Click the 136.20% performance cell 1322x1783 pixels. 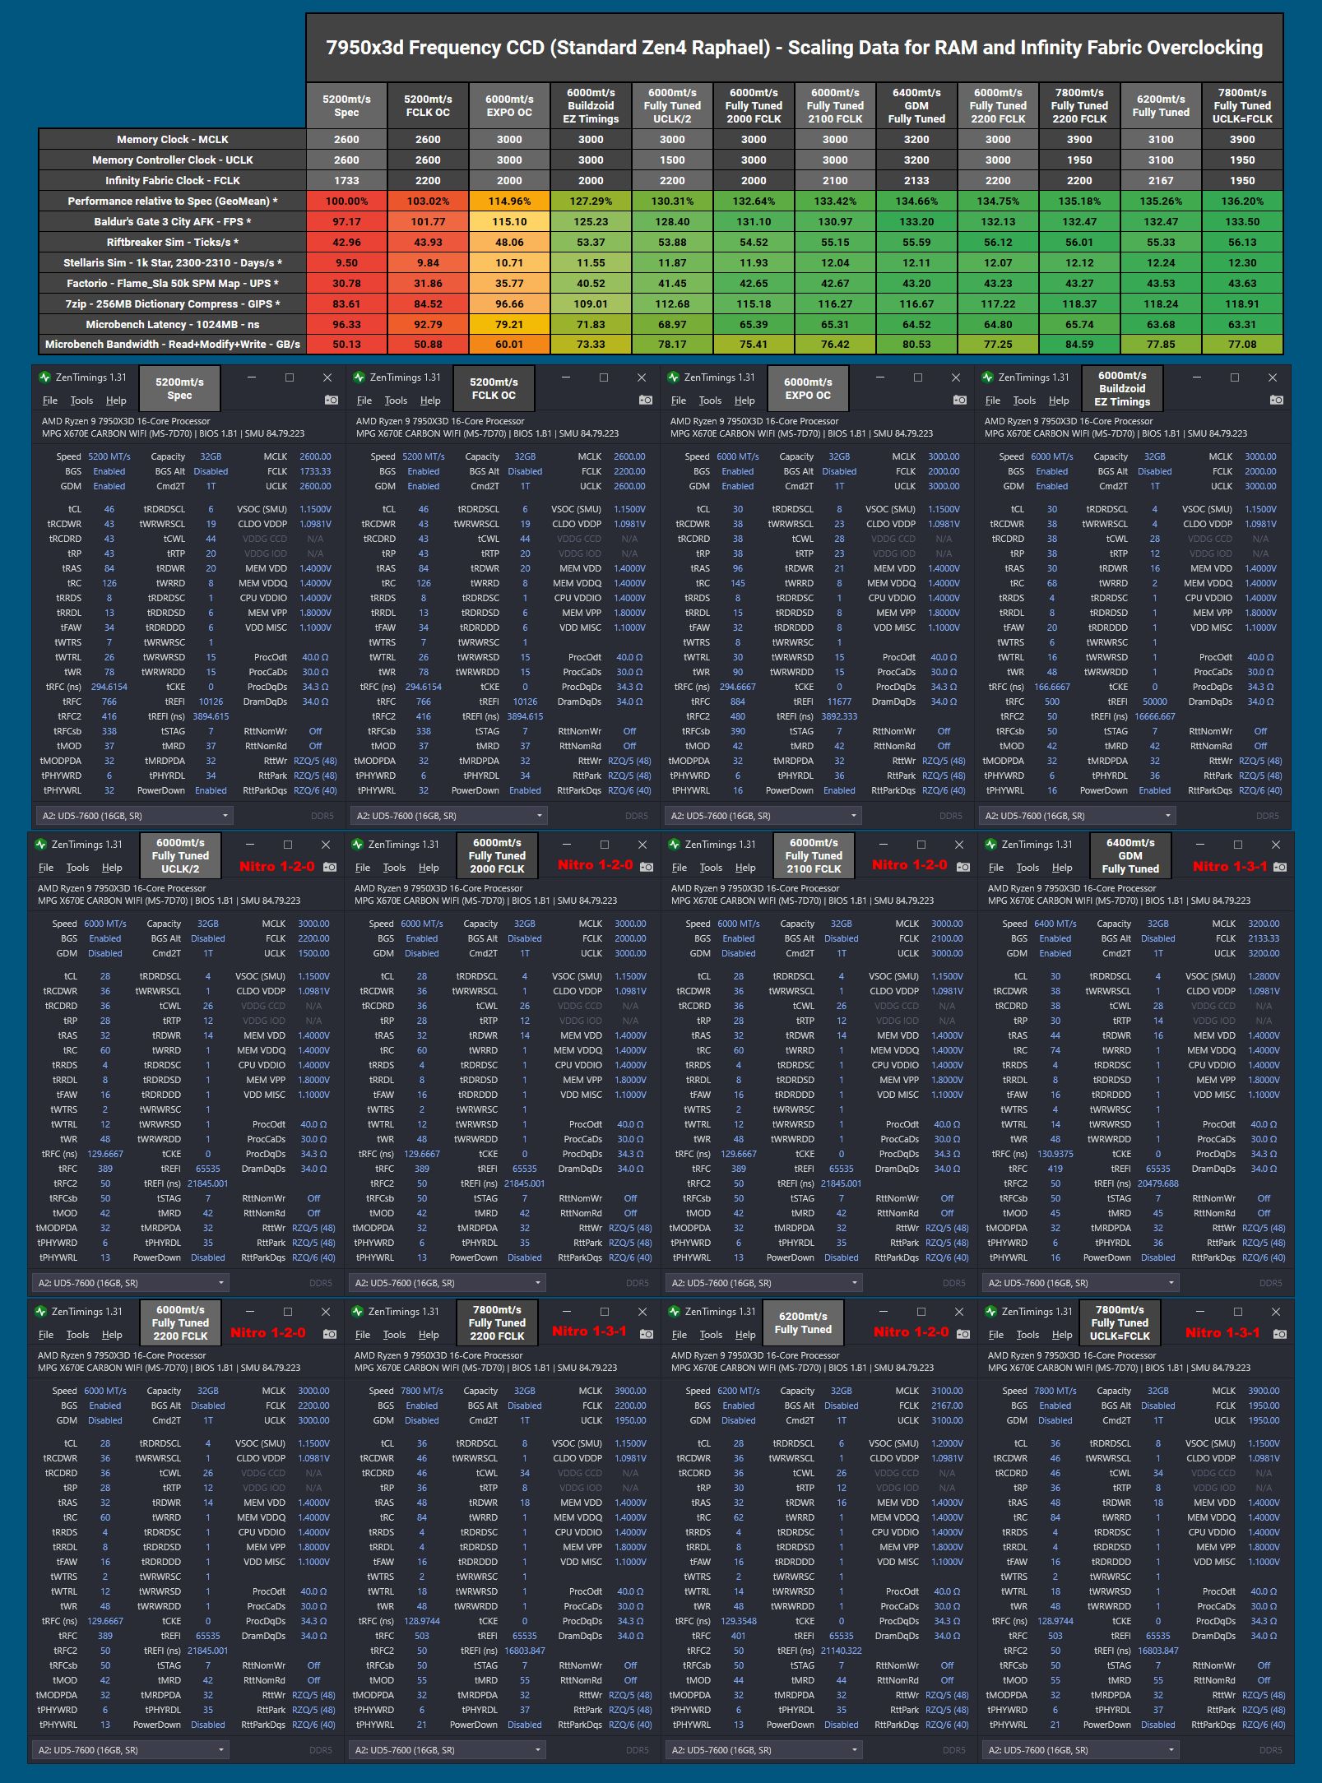tap(1241, 201)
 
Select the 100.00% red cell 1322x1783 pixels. tap(346, 201)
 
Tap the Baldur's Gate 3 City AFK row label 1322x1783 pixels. tap(172, 221)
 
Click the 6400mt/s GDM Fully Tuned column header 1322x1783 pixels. tap(916, 105)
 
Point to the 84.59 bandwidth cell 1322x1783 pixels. tap(1078, 344)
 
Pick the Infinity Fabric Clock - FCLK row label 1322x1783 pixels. tap(172, 180)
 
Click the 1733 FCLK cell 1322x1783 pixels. tap(346, 180)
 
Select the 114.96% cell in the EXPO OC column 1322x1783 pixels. tap(509, 201)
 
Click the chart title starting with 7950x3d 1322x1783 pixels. tap(794, 48)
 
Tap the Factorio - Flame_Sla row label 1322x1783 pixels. tap(172, 283)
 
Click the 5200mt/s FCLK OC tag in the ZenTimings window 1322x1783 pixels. tap(494, 388)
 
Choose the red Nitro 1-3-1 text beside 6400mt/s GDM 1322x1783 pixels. tap(1229, 866)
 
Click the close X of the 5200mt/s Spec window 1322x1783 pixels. tap(327, 377)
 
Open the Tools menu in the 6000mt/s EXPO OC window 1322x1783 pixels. tap(710, 401)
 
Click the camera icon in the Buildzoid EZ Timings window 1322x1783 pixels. tap(1276, 400)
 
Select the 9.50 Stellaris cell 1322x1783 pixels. tap(346, 262)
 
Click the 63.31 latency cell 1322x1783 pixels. tap(1241, 324)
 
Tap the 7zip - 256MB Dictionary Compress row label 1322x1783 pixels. tap(172, 303)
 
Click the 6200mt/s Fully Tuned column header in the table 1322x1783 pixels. tap(1160, 105)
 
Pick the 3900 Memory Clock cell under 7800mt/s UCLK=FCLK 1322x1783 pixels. tap(1241, 139)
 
